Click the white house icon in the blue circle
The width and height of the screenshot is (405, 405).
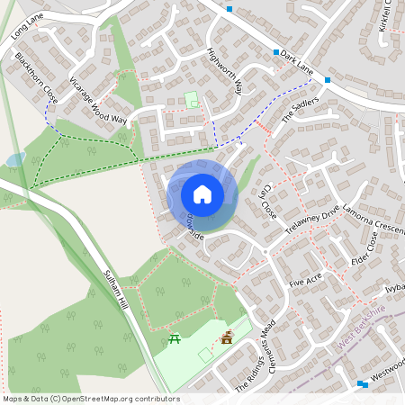click(x=202, y=193)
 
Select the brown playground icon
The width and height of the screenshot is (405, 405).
click(x=227, y=337)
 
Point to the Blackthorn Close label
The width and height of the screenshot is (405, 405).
click(x=36, y=76)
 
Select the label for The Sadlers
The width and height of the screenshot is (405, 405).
click(x=301, y=112)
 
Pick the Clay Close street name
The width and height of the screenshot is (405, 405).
click(x=266, y=200)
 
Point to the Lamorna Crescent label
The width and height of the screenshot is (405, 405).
click(x=374, y=213)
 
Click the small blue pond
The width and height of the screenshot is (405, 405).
click(x=15, y=159)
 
